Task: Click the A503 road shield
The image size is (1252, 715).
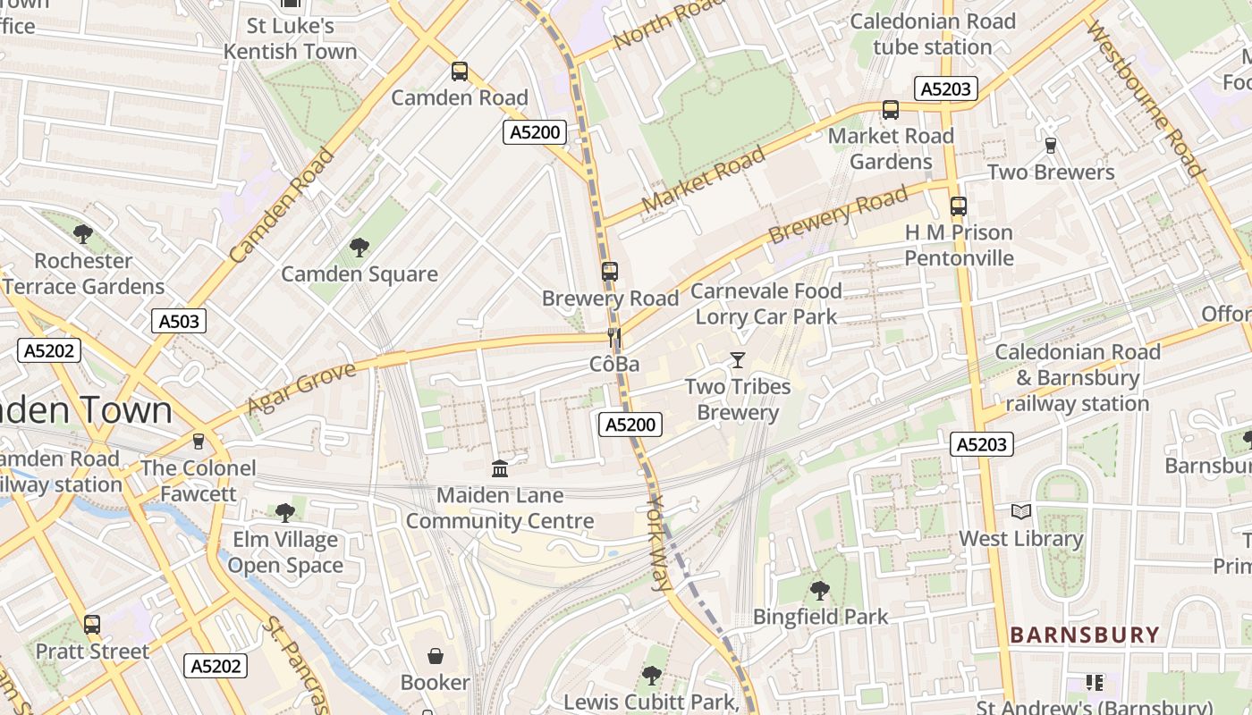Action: [x=178, y=321]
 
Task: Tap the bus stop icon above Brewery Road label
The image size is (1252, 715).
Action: [x=610, y=271]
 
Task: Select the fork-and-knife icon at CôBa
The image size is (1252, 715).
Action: [x=614, y=337]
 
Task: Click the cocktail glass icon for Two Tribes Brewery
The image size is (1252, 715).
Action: [x=737, y=360]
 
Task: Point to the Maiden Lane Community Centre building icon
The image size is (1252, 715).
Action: [x=500, y=468]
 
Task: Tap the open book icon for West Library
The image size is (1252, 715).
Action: [x=1020, y=512]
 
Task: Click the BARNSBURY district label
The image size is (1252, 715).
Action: [x=1084, y=635]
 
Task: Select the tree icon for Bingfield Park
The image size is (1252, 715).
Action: [x=819, y=590]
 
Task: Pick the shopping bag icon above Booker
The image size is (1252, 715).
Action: [x=435, y=656]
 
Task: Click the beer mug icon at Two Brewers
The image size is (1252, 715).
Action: [x=1051, y=145]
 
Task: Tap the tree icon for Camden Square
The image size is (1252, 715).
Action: [x=360, y=247]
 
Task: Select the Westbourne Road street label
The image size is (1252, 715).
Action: [x=1146, y=98]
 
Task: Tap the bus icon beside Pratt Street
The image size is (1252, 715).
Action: [x=91, y=625]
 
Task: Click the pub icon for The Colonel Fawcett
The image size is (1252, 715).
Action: [x=198, y=442]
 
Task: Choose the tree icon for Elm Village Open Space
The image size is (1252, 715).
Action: [x=285, y=512]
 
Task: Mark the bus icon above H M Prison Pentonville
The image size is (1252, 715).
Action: [x=959, y=206]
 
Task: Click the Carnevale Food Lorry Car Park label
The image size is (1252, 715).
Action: [x=766, y=304]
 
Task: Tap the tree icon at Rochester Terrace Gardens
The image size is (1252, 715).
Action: [x=83, y=234]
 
